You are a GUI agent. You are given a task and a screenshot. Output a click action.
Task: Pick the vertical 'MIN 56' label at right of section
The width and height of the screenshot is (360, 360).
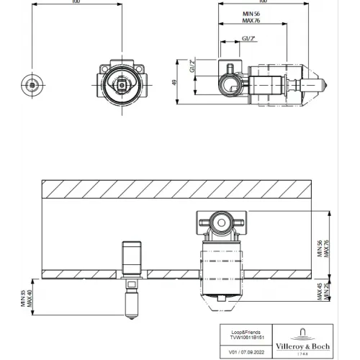(319, 248)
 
